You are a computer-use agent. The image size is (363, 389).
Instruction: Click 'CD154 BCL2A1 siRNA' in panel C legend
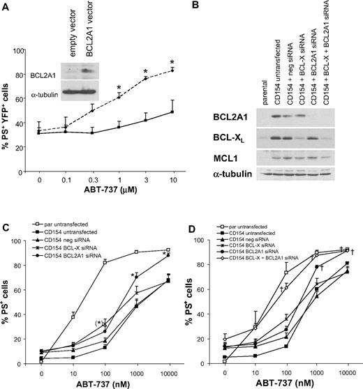pos(79,257)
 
